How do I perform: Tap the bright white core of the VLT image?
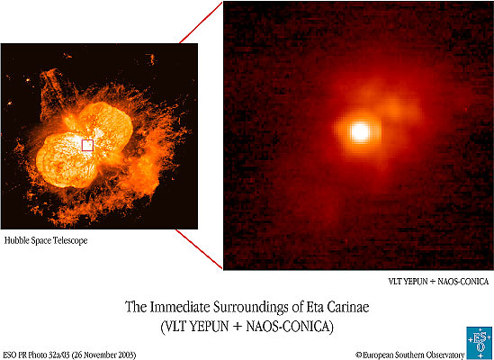360,131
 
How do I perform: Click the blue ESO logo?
480,343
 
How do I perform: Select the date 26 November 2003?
104,355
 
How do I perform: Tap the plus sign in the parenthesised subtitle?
237,327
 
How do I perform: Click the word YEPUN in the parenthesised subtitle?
210,327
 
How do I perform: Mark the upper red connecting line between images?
201,22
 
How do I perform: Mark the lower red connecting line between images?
199,249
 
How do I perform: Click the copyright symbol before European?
359,355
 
